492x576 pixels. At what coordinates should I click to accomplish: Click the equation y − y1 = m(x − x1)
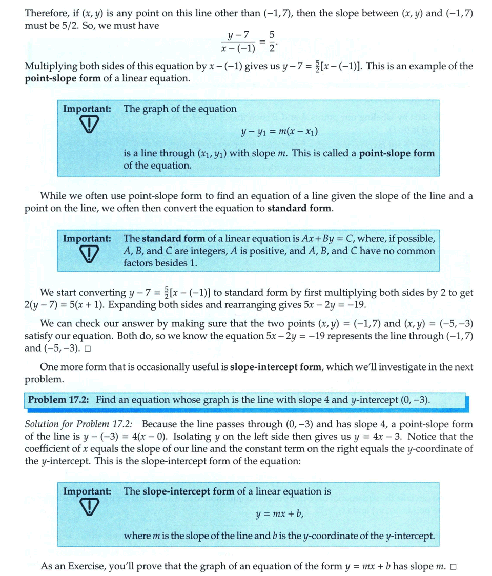(279, 132)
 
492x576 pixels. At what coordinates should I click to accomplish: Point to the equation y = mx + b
(279, 514)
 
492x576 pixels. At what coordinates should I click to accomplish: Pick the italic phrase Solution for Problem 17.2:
(79, 424)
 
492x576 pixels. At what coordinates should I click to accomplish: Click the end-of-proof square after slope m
(453, 567)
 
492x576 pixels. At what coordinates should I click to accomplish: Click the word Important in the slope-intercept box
(86, 491)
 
